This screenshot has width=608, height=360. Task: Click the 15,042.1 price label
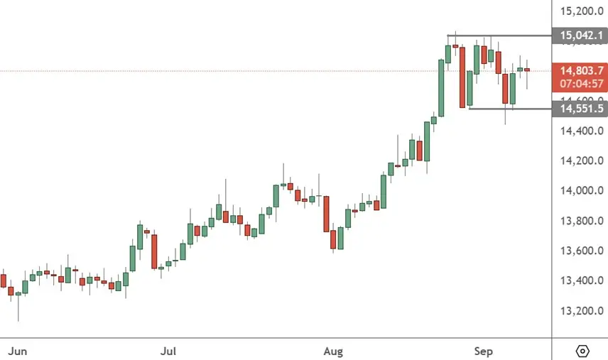click(x=581, y=35)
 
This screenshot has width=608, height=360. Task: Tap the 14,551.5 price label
click(x=581, y=109)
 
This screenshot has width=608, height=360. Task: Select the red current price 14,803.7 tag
click(x=581, y=70)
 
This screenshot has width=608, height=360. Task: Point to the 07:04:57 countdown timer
click(x=581, y=83)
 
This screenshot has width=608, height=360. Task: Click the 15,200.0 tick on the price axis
click(x=582, y=11)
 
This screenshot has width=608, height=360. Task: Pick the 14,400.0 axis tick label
click(x=582, y=131)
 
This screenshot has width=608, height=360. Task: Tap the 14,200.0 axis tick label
click(x=582, y=160)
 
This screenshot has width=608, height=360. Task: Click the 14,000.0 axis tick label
click(x=582, y=190)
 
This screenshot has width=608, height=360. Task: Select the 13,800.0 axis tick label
click(x=582, y=221)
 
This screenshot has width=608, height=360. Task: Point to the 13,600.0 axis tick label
click(x=582, y=251)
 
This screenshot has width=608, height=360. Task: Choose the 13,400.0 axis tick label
click(x=582, y=280)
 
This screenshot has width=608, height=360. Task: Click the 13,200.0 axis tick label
click(x=582, y=311)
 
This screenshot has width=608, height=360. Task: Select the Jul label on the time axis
click(x=168, y=351)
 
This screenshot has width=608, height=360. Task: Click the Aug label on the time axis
click(x=333, y=351)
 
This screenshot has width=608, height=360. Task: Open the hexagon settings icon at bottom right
click(x=582, y=351)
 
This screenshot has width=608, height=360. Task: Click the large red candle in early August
click(x=326, y=214)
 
